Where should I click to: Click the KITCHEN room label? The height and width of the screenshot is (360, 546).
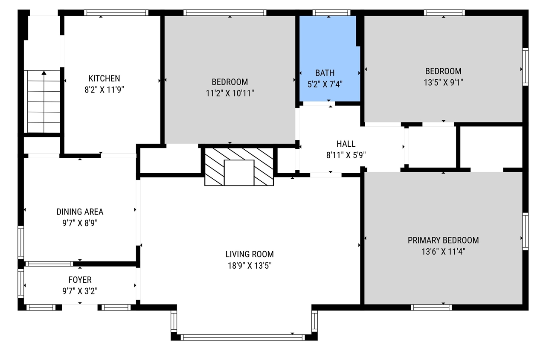(x=104, y=78)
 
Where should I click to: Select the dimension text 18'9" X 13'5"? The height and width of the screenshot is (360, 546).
(x=250, y=266)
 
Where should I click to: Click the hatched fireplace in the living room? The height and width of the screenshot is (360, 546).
(x=239, y=167)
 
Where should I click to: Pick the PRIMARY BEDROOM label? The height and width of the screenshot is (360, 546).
(x=443, y=240)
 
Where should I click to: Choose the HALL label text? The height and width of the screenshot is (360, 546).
(x=346, y=144)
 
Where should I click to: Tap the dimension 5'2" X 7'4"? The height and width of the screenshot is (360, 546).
(x=325, y=84)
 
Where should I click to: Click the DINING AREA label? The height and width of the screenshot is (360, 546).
(x=80, y=212)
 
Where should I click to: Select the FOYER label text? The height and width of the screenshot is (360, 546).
(x=80, y=280)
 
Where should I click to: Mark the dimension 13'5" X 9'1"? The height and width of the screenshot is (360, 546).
(x=443, y=82)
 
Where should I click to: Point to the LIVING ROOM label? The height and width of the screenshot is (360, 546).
(x=250, y=254)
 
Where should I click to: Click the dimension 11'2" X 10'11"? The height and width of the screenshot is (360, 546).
(x=229, y=93)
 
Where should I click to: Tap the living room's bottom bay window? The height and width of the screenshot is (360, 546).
(x=243, y=337)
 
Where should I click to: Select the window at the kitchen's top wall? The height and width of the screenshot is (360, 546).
(x=116, y=13)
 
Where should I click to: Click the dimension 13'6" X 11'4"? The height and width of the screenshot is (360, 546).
(x=443, y=252)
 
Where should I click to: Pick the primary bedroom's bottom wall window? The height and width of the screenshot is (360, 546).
(x=431, y=307)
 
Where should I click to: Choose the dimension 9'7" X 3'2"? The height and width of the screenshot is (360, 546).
(x=80, y=291)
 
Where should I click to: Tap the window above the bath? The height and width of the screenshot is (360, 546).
(x=331, y=13)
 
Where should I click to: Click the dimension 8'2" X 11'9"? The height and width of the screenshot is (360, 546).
(x=104, y=90)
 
